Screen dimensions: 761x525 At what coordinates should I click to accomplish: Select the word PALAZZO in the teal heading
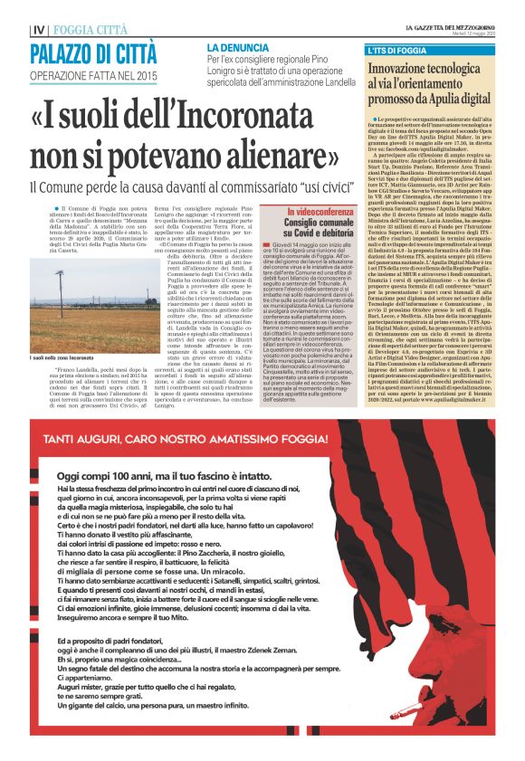pos(68,54)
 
